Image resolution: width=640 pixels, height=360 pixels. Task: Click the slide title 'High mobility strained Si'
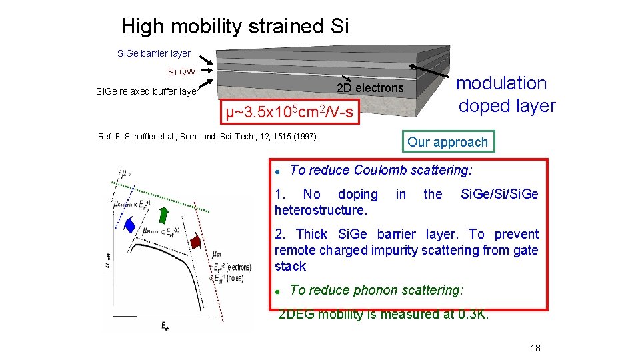[235, 27]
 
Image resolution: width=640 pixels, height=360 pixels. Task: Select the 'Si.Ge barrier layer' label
[153, 53]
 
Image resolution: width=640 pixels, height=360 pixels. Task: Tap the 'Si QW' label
[181, 72]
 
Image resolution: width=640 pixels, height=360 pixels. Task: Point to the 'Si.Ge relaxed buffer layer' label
[147, 92]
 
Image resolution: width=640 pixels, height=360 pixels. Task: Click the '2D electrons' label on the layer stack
[370, 88]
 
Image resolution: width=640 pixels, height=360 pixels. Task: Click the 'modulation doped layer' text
[506, 95]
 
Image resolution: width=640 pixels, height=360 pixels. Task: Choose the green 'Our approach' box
[447, 142]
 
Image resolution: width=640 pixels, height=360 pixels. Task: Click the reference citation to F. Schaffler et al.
[209, 137]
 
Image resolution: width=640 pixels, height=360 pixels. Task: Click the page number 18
[535, 349]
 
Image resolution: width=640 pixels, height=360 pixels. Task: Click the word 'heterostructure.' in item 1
[321, 210]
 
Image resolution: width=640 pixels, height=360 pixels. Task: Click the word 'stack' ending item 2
[290, 266]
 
